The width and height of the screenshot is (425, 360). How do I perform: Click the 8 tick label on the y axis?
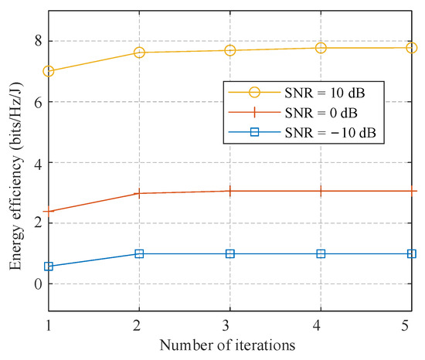[36, 41]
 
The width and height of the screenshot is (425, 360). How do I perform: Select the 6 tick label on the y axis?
[36, 102]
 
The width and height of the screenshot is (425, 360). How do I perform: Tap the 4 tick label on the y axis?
[36, 163]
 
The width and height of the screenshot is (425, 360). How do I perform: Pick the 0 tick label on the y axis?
[36, 284]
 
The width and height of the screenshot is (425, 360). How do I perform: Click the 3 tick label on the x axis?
[230, 325]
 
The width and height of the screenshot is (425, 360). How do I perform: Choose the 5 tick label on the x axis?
[411, 325]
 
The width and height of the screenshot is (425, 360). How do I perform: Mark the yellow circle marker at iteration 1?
[49, 71]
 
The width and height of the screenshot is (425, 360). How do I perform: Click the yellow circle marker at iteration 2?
[139, 53]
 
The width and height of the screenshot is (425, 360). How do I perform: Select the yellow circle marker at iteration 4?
[321, 48]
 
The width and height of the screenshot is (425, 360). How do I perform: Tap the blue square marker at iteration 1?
[49, 267]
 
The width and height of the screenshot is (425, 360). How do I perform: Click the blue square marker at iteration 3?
[230, 253]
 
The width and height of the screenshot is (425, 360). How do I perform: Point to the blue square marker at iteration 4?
[321, 253]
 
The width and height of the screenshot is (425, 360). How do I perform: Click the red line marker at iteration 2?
[139, 193]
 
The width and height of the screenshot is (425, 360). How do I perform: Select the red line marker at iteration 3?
[230, 191]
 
